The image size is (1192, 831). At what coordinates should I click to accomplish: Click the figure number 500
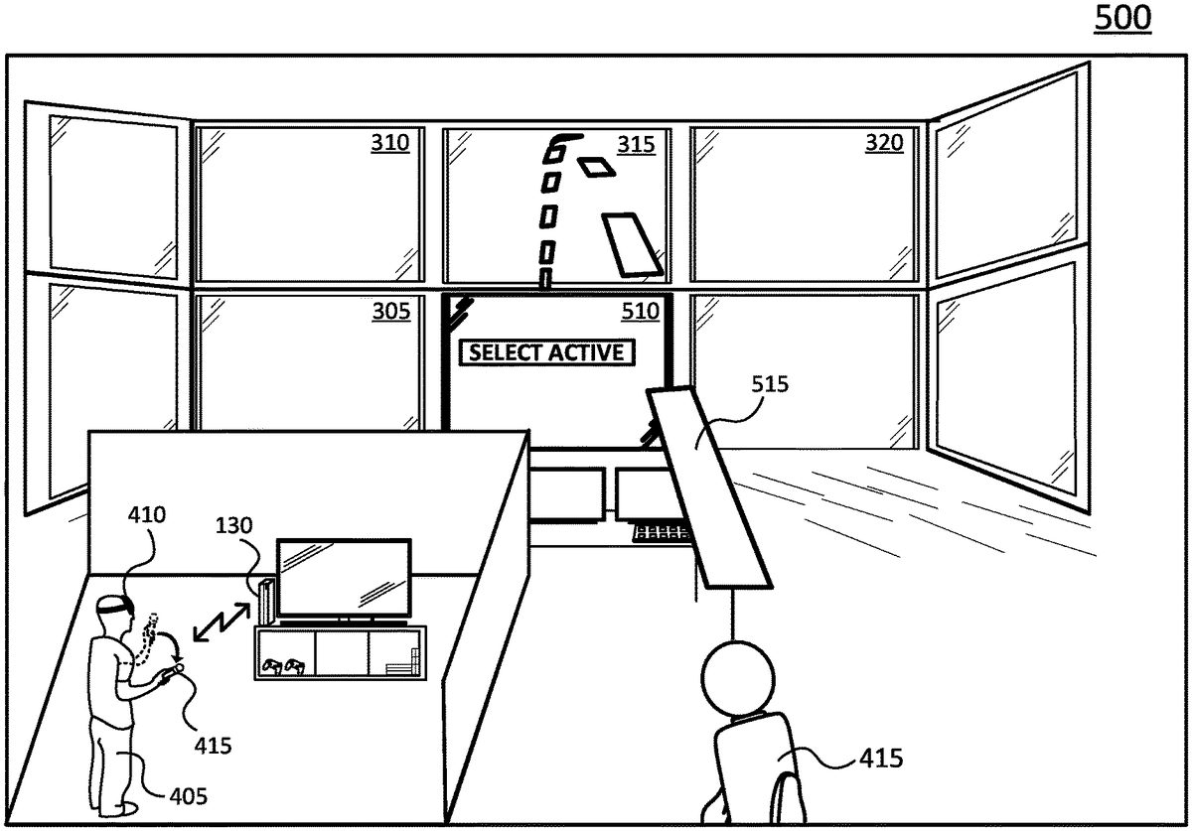click(x=1122, y=18)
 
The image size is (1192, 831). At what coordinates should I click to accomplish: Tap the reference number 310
click(x=389, y=144)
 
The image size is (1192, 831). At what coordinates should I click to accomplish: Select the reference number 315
click(x=637, y=145)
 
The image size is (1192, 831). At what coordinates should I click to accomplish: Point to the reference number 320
click(x=884, y=144)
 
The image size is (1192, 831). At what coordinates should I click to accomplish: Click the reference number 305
click(x=390, y=312)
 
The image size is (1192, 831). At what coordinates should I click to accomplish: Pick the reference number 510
click(x=639, y=312)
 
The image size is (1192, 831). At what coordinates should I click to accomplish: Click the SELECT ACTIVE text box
click(x=546, y=352)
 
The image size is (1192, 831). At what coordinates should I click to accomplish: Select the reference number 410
click(x=146, y=515)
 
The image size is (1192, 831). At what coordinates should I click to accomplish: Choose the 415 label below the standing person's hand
click(x=212, y=745)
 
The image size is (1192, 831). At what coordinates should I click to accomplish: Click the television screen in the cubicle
click(x=344, y=578)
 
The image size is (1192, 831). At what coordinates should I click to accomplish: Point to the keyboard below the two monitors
click(x=662, y=534)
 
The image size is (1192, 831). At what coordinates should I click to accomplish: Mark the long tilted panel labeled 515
click(x=708, y=486)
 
